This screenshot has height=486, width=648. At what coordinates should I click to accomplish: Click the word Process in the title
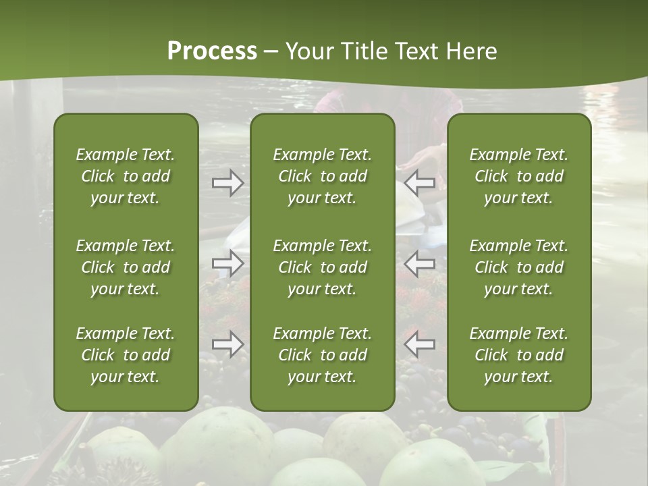(212, 51)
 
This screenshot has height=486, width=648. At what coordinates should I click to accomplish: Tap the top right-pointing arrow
(227, 183)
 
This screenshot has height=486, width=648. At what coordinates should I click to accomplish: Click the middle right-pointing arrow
(227, 263)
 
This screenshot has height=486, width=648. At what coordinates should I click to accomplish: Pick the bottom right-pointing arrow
(227, 344)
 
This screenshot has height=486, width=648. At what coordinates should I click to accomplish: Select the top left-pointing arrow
(420, 183)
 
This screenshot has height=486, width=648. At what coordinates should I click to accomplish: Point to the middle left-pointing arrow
(420, 263)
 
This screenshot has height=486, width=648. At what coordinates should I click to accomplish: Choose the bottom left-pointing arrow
(420, 344)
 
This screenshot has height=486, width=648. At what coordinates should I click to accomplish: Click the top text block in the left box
(126, 176)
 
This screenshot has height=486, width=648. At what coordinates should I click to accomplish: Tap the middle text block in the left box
(126, 267)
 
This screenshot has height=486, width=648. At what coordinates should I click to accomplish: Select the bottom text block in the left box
(126, 355)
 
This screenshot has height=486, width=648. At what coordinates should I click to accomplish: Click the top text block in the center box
(322, 176)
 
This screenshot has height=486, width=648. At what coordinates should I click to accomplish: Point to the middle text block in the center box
(322, 267)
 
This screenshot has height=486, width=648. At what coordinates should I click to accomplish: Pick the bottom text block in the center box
(322, 355)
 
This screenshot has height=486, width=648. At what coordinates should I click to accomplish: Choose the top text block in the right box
(519, 176)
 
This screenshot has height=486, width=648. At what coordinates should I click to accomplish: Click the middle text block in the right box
(519, 267)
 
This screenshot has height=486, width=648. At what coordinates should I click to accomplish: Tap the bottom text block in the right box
(519, 355)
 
